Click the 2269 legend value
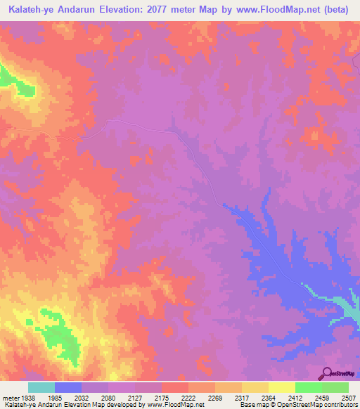(215, 396)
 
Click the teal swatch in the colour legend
(41, 387)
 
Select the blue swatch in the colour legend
(68, 387)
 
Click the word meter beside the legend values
(9, 396)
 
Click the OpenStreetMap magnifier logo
(326, 373)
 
